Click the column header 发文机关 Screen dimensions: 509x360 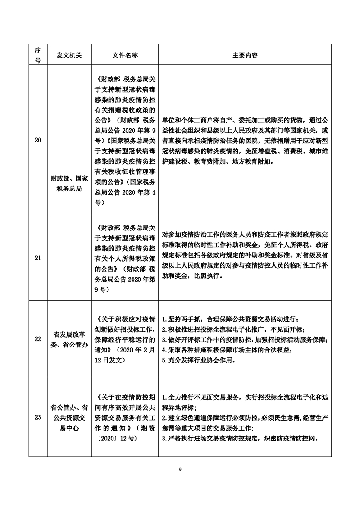point(69,55)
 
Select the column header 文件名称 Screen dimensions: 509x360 point(124,55)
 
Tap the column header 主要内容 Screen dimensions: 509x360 point(245,55)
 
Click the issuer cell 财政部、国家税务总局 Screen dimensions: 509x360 point(69,184)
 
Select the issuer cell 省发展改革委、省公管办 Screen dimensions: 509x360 point(69,338)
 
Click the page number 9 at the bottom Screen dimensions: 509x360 point(180,470)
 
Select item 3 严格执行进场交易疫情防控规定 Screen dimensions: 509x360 point(241,439)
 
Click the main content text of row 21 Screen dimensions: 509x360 point(245,258)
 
